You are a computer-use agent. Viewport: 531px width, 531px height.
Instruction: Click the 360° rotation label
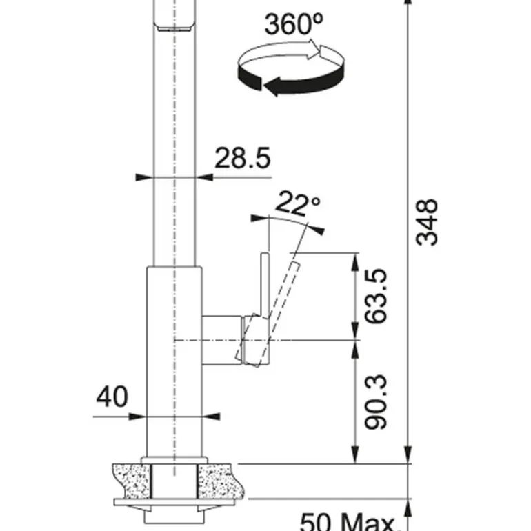[294, 24]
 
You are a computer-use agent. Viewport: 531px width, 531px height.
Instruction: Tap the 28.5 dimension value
[243, 158]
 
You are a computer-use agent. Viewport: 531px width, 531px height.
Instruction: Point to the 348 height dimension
[427, 222]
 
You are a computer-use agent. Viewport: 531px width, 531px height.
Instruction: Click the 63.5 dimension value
[376, 296]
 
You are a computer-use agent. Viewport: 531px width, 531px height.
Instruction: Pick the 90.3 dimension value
[376, 402]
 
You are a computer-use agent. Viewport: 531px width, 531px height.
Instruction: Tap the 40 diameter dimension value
[112, 397]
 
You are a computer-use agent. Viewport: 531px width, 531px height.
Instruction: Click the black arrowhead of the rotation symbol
[272, 86]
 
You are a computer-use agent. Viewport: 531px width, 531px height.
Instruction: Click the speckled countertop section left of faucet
[132, 481]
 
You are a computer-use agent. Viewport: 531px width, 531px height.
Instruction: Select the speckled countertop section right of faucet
[217, 481]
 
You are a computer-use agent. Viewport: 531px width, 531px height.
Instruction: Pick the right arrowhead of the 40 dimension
[211, 417]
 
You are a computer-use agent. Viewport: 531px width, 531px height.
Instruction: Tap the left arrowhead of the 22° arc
[259, 219]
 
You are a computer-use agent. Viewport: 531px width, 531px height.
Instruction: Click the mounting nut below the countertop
[174, 517]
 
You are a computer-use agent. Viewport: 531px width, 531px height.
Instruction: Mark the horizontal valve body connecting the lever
[223, 341]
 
